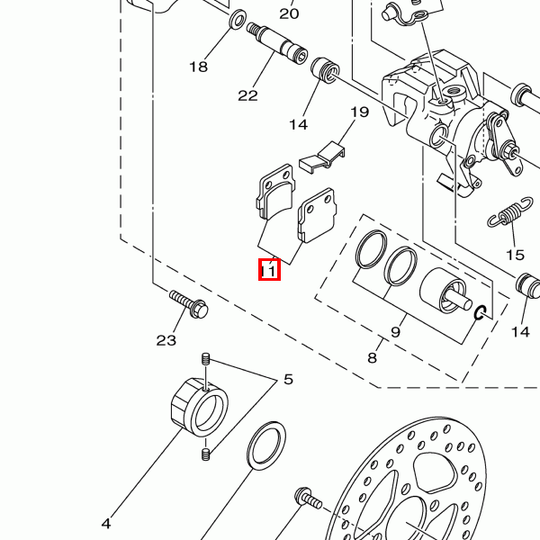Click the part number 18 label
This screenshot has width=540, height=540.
coord(199,67)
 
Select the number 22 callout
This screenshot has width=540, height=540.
coord(248,95)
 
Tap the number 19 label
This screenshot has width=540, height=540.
coord(359,112)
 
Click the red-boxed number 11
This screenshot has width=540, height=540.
coord(269,270)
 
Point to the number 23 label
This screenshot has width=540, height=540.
coord(166,340)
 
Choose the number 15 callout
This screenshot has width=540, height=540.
coord(515,256)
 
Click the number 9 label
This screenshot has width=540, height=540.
coord(396,332)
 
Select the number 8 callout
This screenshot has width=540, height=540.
coord(373,358)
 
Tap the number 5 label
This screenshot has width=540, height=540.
coord(288,380)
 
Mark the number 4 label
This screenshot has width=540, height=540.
coord(106,524)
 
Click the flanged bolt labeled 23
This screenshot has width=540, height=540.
coord(189,303)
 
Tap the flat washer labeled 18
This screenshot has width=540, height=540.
coord(238,19)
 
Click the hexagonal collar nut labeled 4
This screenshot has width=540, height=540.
coord(200,407)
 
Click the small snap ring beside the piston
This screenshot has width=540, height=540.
coord(480,312)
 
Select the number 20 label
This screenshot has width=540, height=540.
coord(289,13)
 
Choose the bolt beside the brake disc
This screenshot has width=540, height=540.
coord(308,499)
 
